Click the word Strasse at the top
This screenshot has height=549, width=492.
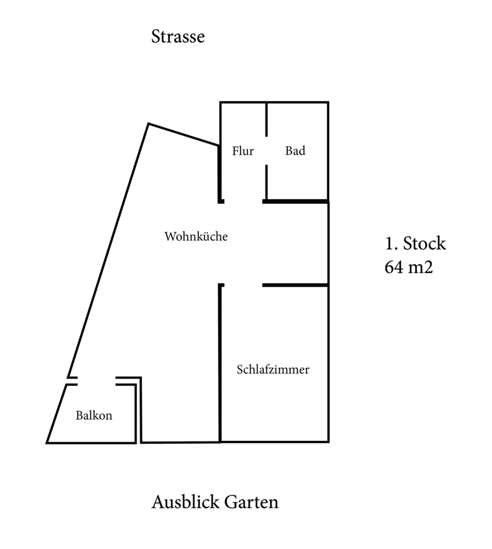tap(178, 37)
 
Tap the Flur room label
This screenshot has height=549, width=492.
tap(243, 151)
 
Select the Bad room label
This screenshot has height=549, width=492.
tap(295, 151)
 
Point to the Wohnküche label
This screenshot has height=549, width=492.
tap(196, 236)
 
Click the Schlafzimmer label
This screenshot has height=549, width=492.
tap(273, 369)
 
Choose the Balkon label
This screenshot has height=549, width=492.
tap(94, 416)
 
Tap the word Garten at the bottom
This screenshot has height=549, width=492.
tap(252, 502)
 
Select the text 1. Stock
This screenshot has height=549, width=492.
tap(415, 244)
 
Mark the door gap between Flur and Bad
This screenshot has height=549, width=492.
tap(267, 151)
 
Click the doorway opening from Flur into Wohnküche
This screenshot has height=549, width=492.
tap(243, 201)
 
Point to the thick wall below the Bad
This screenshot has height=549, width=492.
tap(295, 201)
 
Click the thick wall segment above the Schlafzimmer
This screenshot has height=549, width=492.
tap(295, 285)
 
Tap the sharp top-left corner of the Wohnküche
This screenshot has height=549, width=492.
tap(149, 124)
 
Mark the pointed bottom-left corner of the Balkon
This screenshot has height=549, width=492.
tap(47, 442)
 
